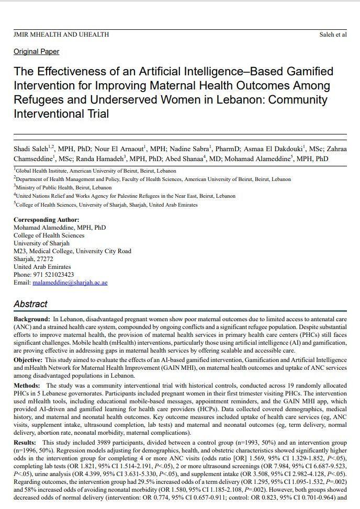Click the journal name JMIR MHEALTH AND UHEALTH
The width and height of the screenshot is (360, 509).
61,35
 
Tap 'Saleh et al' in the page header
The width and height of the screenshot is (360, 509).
332,35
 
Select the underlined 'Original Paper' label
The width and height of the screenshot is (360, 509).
36,51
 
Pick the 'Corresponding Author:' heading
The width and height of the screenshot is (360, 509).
47,220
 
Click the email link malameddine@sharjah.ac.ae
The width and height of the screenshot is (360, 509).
70,282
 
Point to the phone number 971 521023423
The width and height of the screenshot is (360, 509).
53,275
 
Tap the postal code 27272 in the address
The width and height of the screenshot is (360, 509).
44,259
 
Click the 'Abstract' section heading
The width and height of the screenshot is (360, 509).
30,304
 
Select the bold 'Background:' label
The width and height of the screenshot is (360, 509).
32,319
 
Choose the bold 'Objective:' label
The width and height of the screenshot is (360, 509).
28,360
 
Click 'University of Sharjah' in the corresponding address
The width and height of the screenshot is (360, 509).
41,243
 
